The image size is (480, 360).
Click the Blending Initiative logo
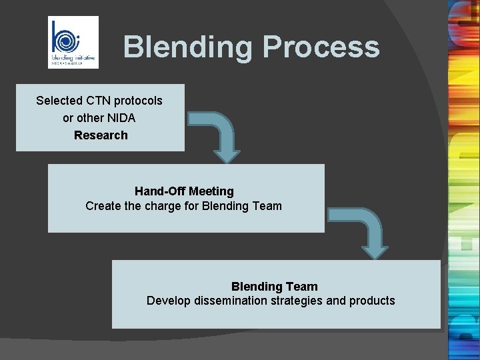click(x=73, y=42)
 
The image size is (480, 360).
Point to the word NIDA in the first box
click(x=120, y=118)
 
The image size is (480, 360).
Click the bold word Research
click(x=101, y=135)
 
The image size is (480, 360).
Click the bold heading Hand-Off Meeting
click(x=184, y=192)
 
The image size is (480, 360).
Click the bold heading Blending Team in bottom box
click(x=274, y=287)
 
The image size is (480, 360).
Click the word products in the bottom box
click(x=373, y=301)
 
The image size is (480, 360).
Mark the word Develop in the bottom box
click(x=169, y=301)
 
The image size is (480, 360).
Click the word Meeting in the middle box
click(x=211, y=192)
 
